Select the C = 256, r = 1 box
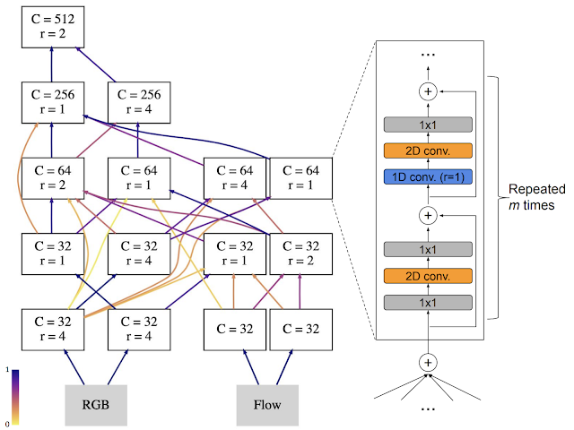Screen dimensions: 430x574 (52, 104)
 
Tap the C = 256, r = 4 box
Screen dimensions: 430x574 (137, 104)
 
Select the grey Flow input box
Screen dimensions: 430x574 (265, 403)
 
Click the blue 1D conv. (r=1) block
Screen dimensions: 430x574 (428, 176)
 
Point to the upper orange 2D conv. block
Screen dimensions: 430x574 (428, 150)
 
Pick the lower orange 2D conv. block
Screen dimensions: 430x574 (428, 276)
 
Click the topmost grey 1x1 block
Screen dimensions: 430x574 (428, 124)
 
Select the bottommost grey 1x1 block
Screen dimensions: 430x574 (428, 303)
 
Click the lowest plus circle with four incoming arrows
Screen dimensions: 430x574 (428, 362)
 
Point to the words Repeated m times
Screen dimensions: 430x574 (535, 198)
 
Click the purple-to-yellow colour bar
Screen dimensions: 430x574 (15, 395)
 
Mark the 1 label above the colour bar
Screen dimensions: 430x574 (8, 369)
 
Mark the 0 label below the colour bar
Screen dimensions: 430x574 (8, 422)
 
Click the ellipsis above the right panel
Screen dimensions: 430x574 (428, 56)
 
